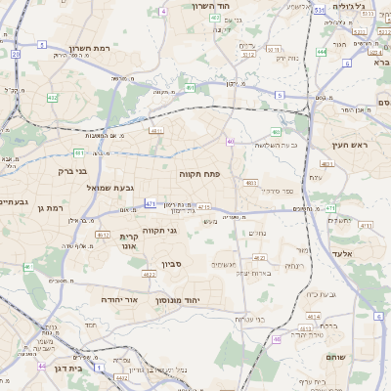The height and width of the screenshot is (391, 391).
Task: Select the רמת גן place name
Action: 48,207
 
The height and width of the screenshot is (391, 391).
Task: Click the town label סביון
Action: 173,264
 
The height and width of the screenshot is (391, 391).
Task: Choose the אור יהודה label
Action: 118,299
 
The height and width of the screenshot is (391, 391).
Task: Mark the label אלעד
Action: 347,253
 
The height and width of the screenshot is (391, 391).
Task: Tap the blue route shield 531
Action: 320,10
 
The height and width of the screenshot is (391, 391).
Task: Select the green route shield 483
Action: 277,131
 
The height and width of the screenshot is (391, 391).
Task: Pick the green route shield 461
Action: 28,267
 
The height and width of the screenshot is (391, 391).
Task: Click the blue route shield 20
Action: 16,55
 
